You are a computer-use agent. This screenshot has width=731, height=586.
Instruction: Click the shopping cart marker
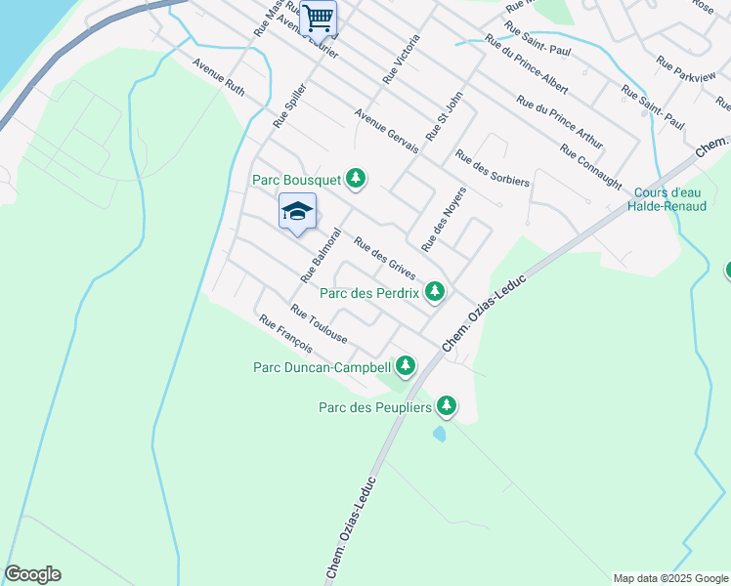click(x=318, y=19)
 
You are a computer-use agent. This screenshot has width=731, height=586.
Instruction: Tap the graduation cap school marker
click(x=298, y=212)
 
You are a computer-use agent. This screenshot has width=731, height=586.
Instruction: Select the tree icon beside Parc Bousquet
click(x=358, y=179)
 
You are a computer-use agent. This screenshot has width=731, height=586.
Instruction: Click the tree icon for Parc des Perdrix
click(x=435, y=291)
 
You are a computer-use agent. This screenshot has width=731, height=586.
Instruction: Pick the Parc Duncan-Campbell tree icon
click(x=405, y=366)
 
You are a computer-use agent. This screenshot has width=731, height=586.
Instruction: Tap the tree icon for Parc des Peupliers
click(x=447, y=404)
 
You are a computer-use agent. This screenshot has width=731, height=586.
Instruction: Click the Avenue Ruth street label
click(x=218, y=77)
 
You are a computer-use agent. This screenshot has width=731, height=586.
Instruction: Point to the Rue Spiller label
click(x=290, y=105)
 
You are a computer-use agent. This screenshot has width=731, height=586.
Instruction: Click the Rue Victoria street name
click(x=402, y=59)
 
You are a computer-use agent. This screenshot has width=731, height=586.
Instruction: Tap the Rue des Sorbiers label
click(x=492, y=168)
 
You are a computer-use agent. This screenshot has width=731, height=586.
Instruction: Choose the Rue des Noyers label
click(x=444, y=218)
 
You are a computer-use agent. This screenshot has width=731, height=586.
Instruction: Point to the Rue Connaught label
click(x=591, y=166)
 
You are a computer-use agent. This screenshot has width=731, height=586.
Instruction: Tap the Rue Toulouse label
click(x=319, y=323)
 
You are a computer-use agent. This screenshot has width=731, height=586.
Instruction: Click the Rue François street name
click(x=285, y=334)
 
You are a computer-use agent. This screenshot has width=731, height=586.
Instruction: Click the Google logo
click(x=32, y=574)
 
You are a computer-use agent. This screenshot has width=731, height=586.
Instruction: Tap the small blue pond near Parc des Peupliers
click(x=441, y=432)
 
